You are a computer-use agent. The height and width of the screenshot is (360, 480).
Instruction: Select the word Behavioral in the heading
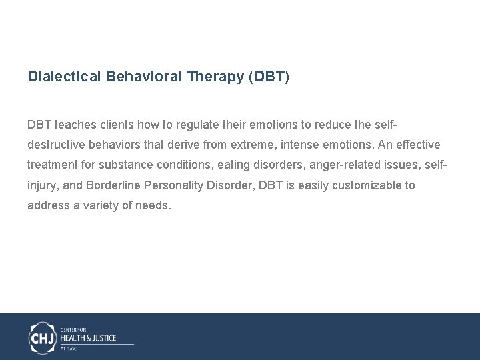tap(142, 77)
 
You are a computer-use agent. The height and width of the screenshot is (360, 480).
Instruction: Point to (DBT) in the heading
tap(269, 77)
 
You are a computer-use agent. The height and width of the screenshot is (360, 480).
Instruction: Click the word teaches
tap(74, 125)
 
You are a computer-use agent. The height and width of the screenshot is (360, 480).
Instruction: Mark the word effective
tap(418, 145)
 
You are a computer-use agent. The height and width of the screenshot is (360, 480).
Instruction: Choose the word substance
tap(127, 165)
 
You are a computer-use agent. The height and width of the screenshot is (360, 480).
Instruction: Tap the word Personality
tap(169, 185)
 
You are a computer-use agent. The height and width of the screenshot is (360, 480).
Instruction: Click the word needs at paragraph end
tap(154, 205)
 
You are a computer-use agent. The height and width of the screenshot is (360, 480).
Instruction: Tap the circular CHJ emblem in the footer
tap(43, 337)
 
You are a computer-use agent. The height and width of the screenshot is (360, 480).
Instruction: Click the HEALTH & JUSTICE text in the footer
tap(88, 338)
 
